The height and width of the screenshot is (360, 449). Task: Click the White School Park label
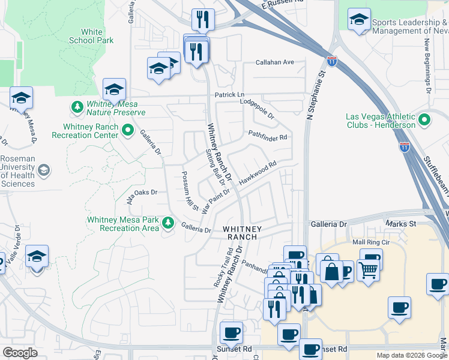(x=91, y=36)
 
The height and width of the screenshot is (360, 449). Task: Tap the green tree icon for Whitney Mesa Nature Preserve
(x=77, y=107)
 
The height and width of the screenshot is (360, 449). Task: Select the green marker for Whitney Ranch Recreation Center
(x=127, y=129)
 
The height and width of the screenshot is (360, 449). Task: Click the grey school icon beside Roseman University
(x=43, y=172)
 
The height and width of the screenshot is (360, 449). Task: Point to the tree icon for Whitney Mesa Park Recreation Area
(x=169, y=223)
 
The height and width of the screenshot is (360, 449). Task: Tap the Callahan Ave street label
(x=275, y=62)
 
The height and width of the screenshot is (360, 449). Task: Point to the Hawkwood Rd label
(x=258, y=172)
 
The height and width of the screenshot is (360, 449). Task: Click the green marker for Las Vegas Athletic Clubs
(x=425, y=120)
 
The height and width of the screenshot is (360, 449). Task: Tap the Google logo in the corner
(x=20, y=353)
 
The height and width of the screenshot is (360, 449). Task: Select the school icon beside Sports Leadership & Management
(x=359, y=19)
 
